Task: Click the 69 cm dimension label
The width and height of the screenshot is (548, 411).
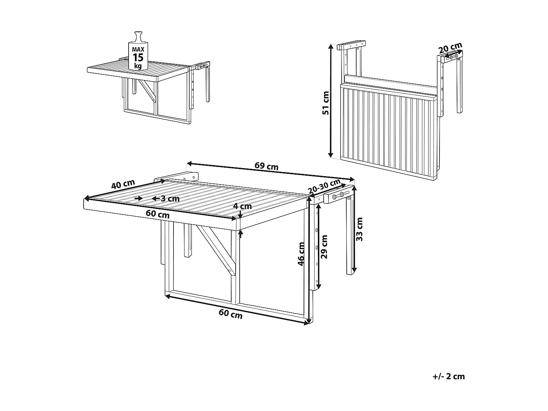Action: point(266,166)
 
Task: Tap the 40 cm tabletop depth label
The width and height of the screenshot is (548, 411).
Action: point(123,184)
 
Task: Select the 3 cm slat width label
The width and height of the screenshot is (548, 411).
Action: point(170,198)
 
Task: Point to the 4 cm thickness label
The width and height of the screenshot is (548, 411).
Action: point(243,206)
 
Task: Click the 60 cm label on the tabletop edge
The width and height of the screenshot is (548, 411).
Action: point(157,214)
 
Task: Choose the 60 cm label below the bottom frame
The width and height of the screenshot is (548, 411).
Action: point(230,313)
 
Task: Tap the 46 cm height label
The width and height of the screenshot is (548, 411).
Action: point(301,254)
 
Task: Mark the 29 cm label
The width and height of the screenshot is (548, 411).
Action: point(324,247)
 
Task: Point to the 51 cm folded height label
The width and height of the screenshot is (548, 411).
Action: point(326,103)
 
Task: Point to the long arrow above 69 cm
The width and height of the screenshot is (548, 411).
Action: point(270,171)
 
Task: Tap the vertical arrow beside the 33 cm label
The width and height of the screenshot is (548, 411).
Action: point(353,230)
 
